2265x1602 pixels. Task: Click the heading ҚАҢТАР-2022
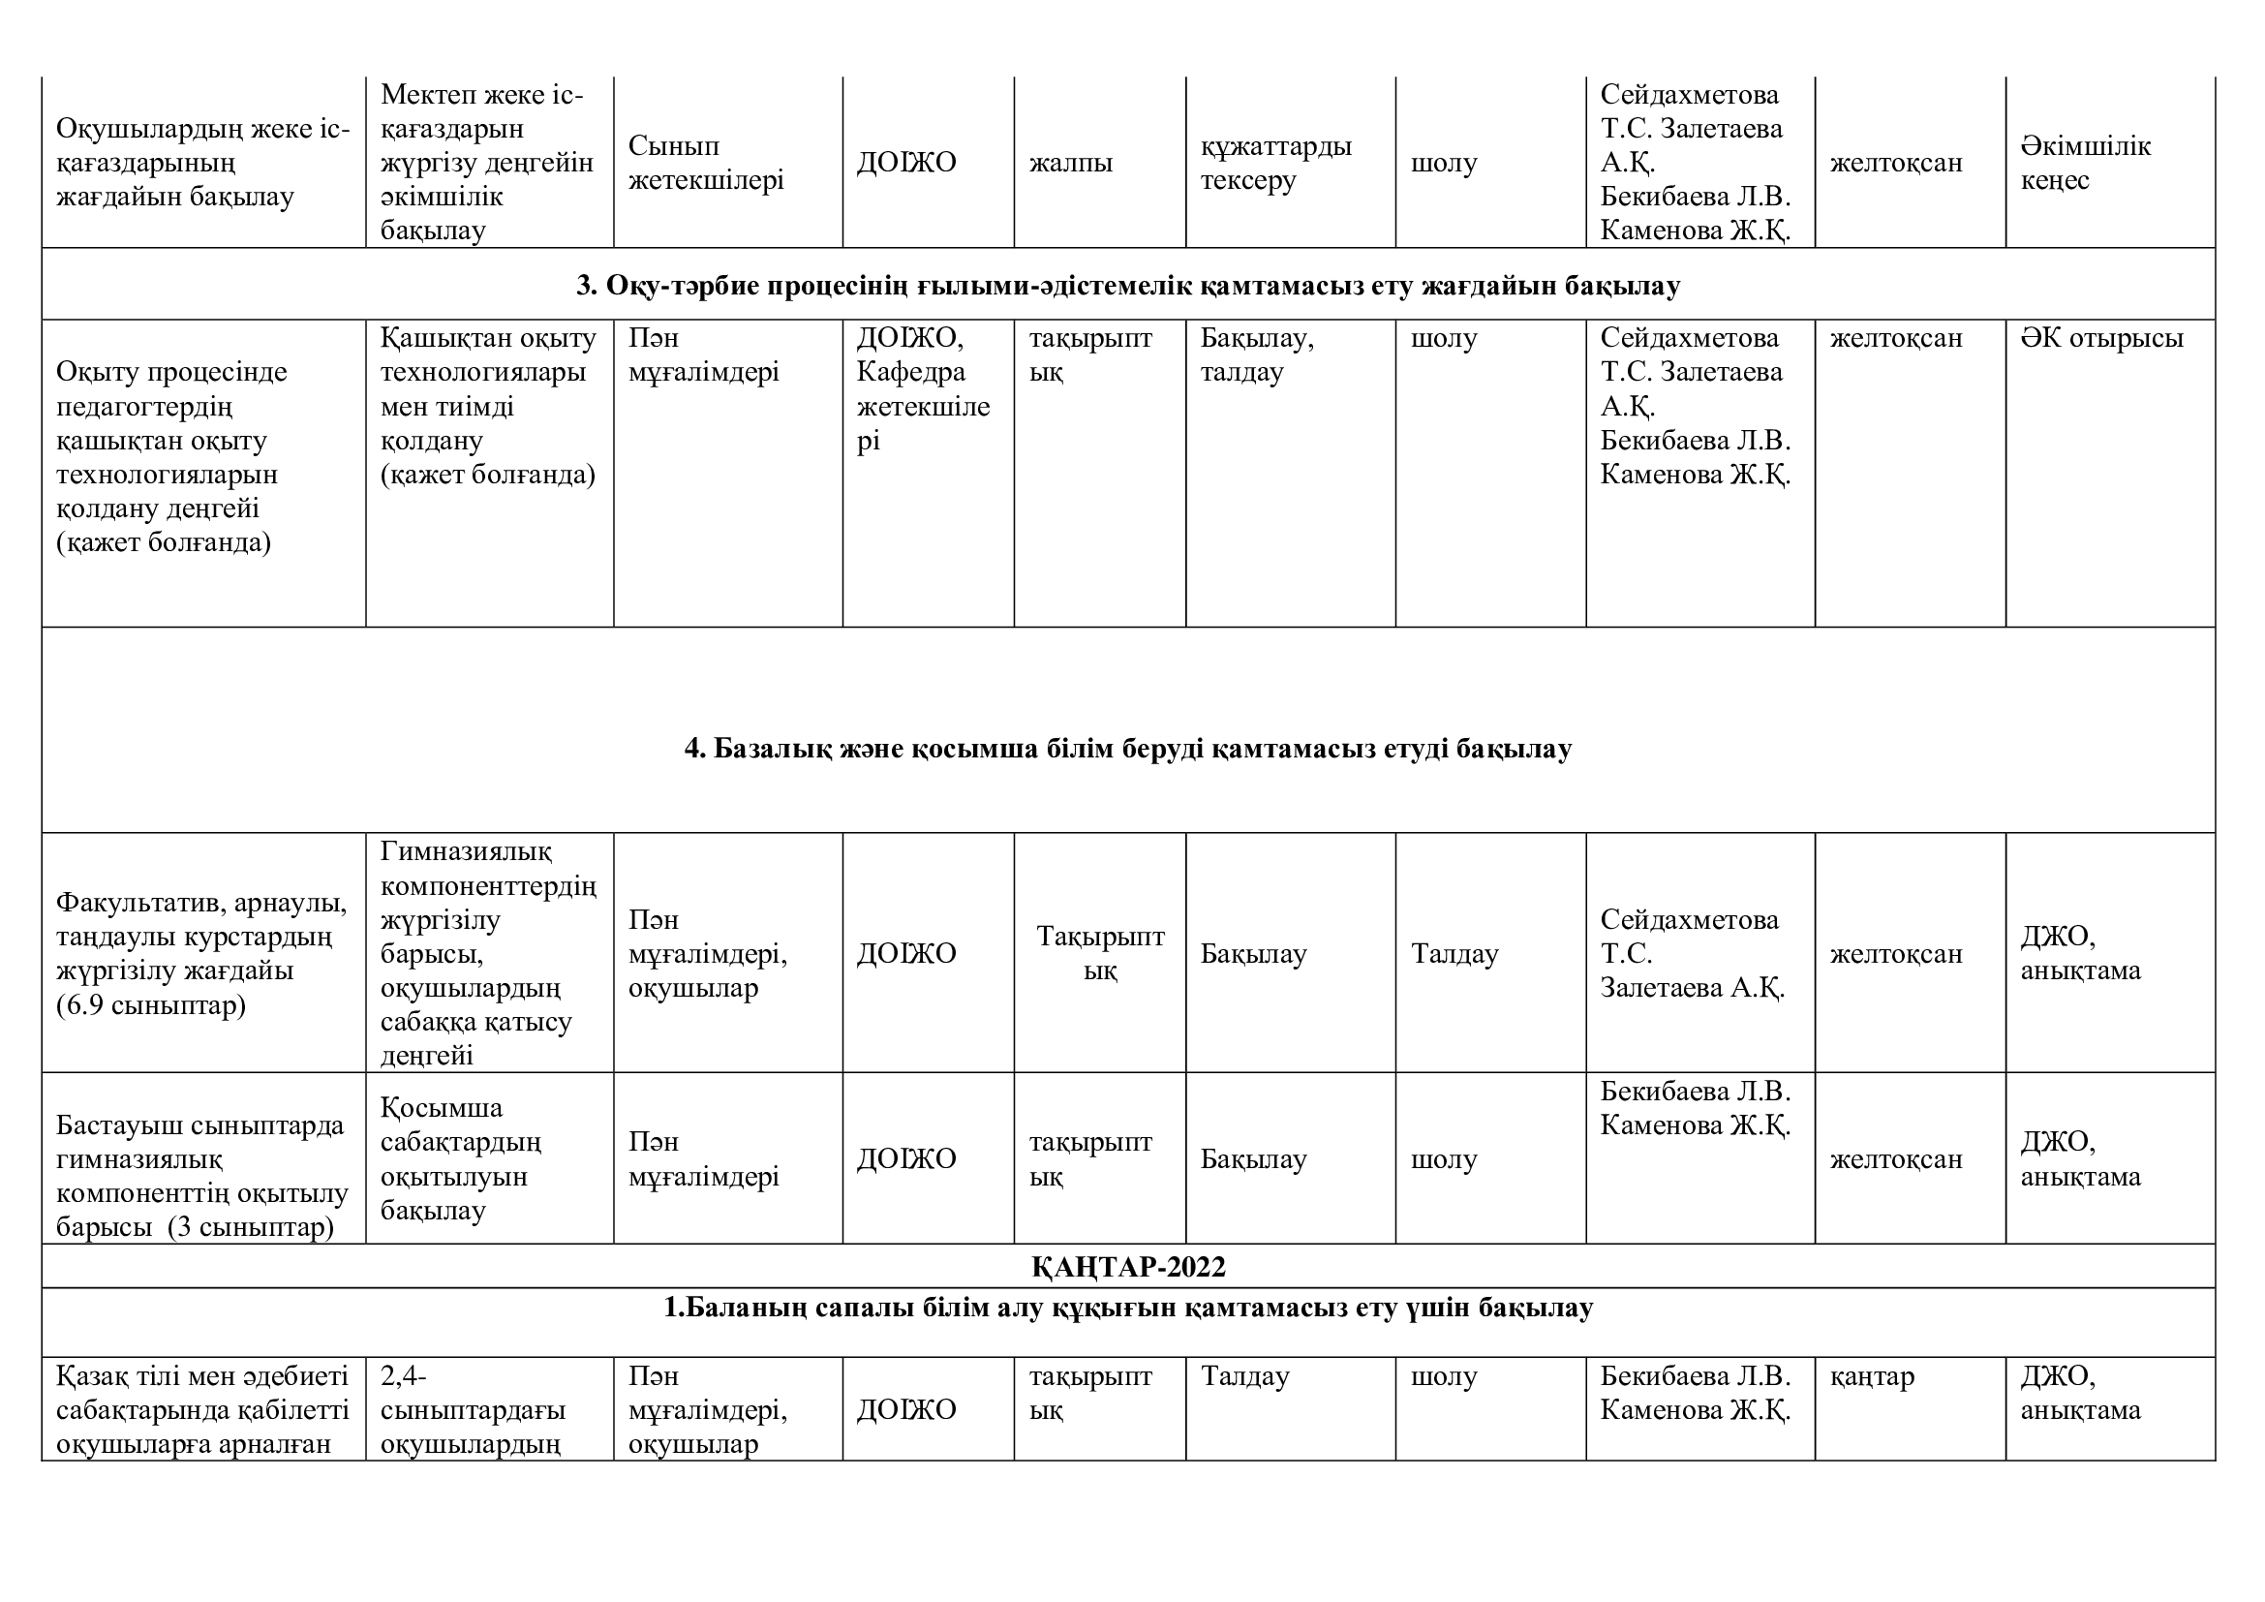1128,1267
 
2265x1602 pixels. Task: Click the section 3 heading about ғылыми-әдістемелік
1128,285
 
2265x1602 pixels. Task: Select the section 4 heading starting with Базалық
1128,748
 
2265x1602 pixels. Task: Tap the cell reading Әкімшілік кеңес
2086,163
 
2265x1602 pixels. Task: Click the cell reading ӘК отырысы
2101,338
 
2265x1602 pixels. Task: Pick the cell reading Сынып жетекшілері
706,163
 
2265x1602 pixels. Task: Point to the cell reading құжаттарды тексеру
1275,163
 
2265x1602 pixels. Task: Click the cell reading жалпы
1071,163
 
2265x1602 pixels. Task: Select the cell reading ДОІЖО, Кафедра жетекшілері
924,388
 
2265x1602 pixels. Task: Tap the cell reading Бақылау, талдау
1257,355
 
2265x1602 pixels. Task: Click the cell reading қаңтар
1873,1376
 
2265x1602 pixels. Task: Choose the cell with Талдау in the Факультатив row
1454,954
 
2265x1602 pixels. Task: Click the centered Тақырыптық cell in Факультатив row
1100,953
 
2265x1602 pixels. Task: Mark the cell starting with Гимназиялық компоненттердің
488,953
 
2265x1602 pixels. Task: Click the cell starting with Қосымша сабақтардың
461,1159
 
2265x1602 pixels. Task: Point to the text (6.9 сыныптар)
151,1005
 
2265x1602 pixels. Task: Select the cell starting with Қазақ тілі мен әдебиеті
202,1409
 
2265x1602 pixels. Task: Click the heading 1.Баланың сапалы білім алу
1128,1308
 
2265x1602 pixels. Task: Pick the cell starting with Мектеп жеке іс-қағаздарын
486,163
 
